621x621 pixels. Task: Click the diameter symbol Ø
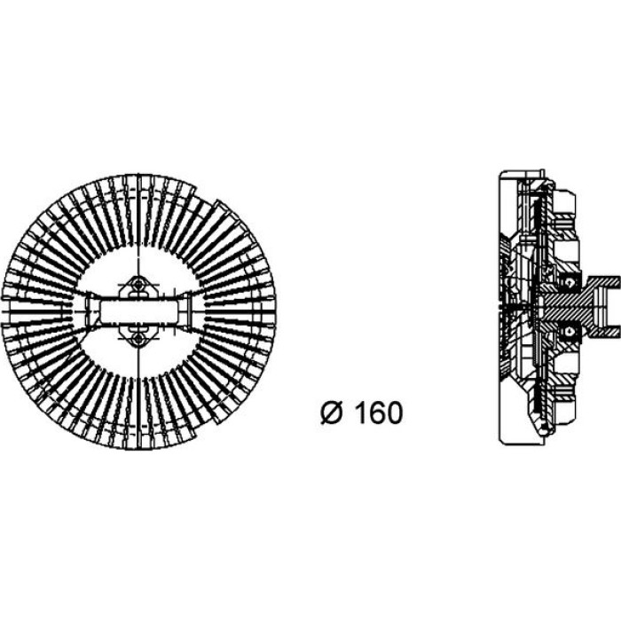point(330,413)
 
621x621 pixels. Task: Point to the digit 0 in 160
point(394,413)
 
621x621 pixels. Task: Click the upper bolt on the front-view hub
point(138,285)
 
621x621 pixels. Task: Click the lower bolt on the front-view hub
point(138,339)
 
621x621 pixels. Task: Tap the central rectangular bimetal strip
point(138,311)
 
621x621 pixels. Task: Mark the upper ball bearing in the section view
point(570,283)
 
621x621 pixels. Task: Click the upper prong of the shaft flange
point(606,282)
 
